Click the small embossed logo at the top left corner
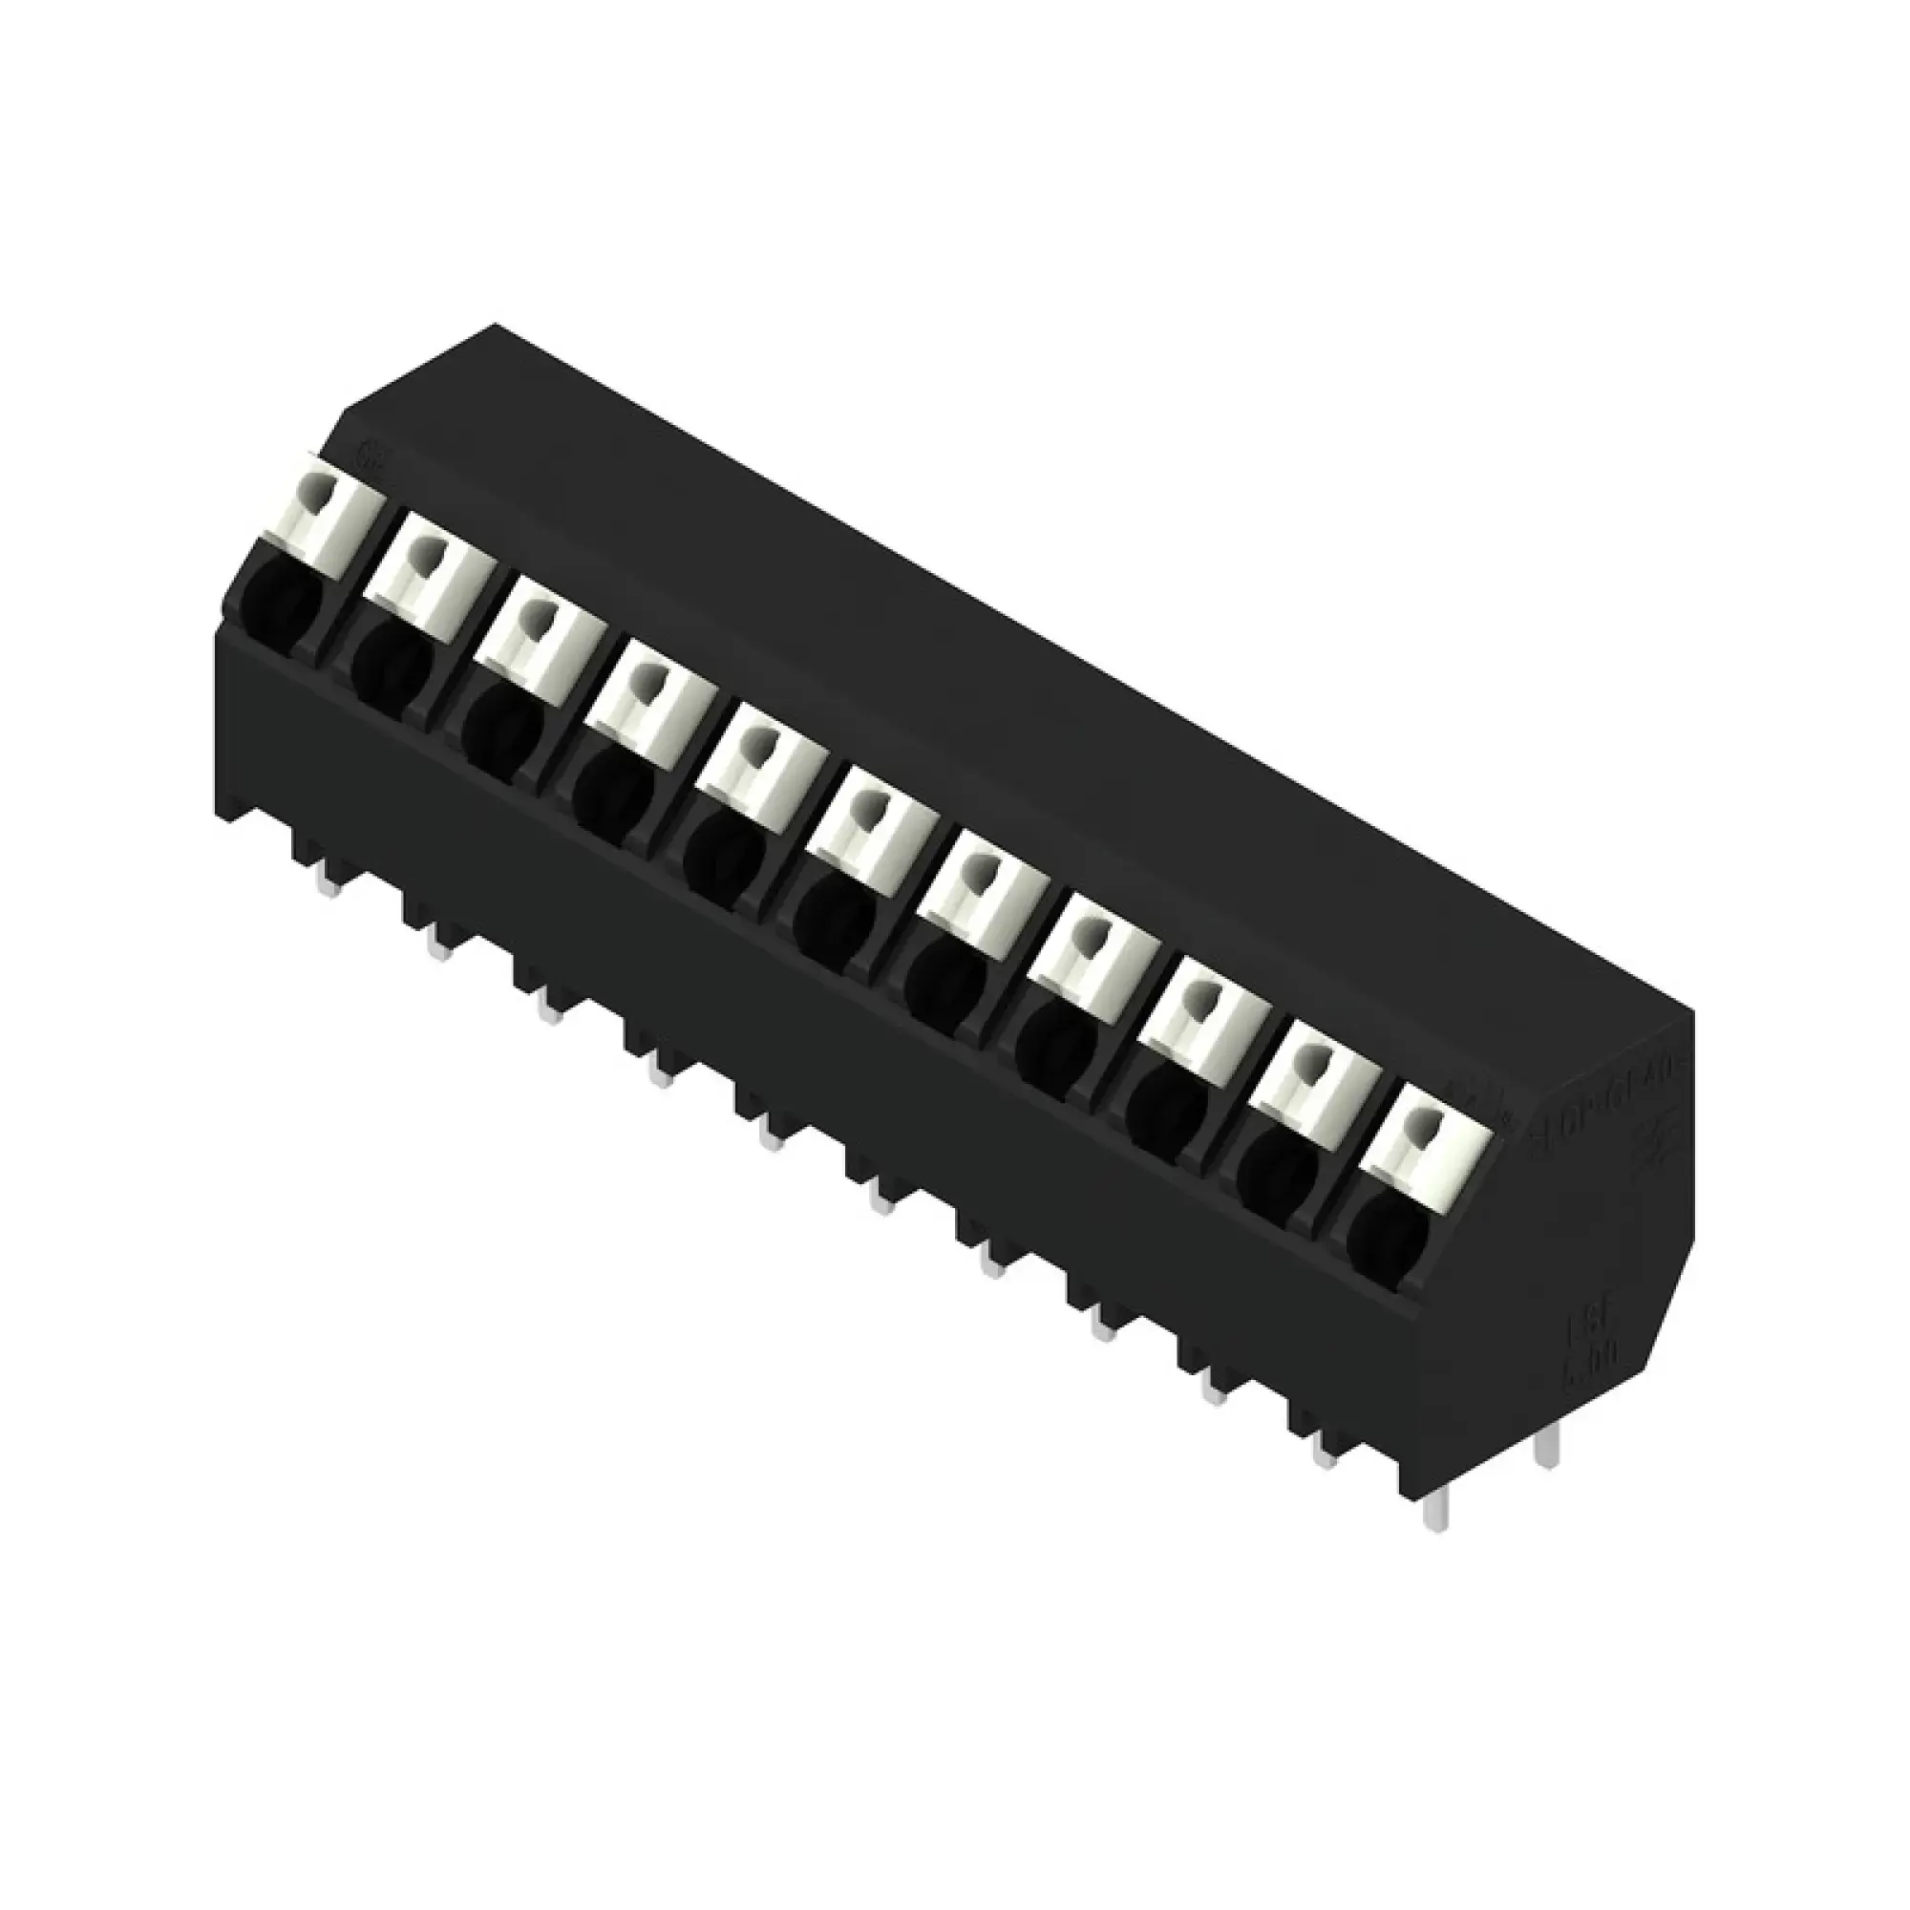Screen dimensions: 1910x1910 [374, 454]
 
